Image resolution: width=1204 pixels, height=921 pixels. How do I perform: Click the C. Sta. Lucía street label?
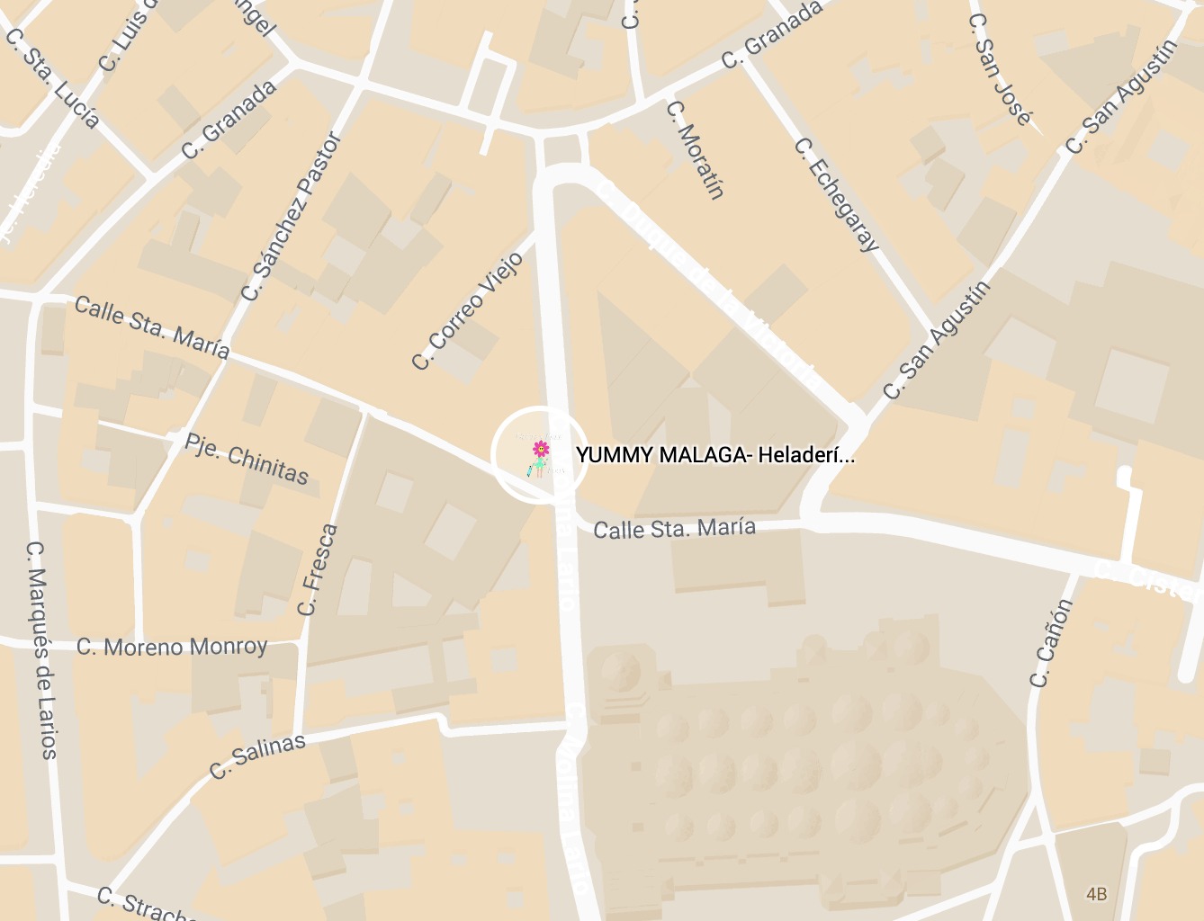click(x=52, y=78)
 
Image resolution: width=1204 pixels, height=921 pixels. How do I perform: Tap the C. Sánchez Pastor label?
click(x=292, y=217)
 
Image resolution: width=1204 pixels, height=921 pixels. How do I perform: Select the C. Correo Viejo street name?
click(x=467, y=311)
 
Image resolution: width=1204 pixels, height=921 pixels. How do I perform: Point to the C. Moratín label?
click(x=695, y=148)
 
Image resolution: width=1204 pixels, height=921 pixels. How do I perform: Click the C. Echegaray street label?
click(x=837, y=194)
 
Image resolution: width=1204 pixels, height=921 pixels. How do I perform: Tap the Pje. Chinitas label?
click(x=247, y=458)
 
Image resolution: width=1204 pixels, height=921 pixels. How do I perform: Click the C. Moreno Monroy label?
click(x=172, y=647)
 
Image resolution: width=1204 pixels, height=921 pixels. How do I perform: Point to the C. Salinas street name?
click(x=257, y=756)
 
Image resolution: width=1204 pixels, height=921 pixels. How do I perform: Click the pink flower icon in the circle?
click(x=540, y=448)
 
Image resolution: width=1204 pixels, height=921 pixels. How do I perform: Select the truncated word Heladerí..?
click(x=805, y=455)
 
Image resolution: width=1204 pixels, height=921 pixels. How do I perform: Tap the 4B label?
click(x=1096, y=894)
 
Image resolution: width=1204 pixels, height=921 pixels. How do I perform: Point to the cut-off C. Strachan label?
click(x=144, y=905)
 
